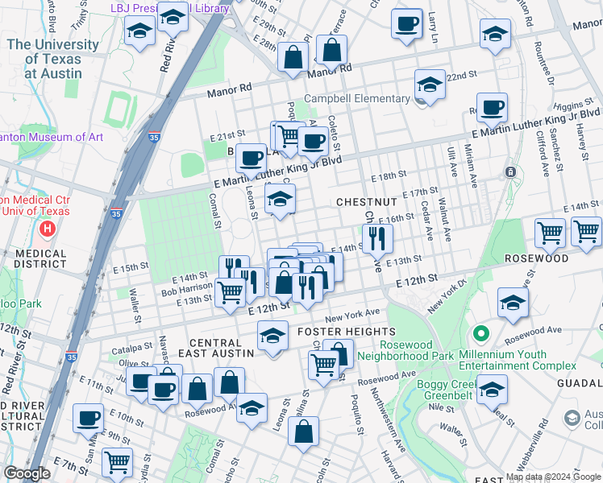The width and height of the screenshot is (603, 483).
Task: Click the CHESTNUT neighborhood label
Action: [x=366, y=200]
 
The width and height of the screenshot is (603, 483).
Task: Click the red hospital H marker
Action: [x=48, y=229]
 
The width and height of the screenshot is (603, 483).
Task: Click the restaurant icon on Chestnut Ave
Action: [x=377, y=238]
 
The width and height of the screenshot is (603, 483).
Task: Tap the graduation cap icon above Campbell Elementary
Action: [x=430, y=85]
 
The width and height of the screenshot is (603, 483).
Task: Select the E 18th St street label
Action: [x=389, y=175]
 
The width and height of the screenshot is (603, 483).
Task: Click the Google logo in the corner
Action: [x=27, y=473]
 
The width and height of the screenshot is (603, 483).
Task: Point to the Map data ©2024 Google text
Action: [x=552, y=477]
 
